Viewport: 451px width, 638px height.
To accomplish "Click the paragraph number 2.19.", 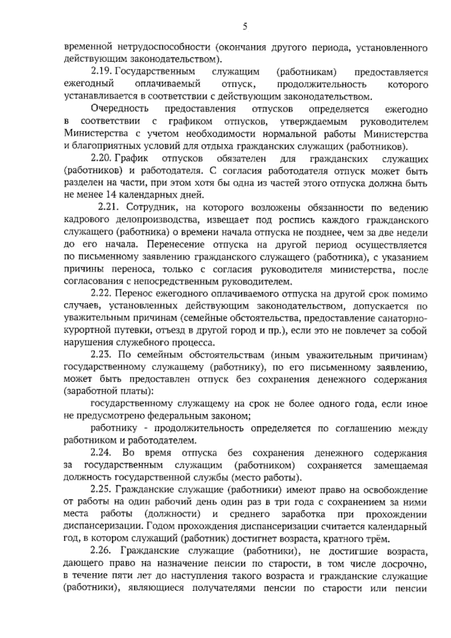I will (101, 72).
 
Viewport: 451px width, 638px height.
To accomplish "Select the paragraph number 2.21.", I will (109, 208).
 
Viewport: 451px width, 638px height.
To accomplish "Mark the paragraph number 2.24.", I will (101, 453).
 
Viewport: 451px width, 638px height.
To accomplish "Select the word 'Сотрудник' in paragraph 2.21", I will (149, 208).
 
